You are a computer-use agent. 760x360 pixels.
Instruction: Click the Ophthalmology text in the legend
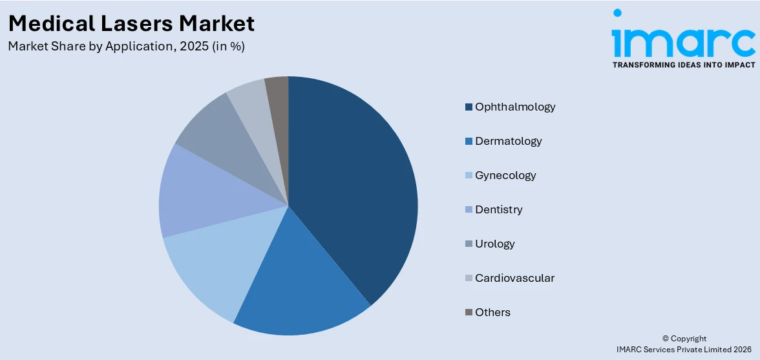515,107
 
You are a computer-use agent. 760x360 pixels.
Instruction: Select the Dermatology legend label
508,141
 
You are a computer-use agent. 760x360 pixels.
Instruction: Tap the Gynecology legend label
505,175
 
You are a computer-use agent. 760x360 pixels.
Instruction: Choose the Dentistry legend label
498,209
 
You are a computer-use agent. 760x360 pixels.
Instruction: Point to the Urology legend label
494,244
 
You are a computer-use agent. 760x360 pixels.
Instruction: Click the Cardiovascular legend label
514,278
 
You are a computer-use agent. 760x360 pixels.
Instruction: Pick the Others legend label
492,312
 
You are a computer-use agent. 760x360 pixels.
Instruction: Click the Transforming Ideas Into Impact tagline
683,65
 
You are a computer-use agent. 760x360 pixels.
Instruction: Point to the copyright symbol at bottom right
666,339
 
